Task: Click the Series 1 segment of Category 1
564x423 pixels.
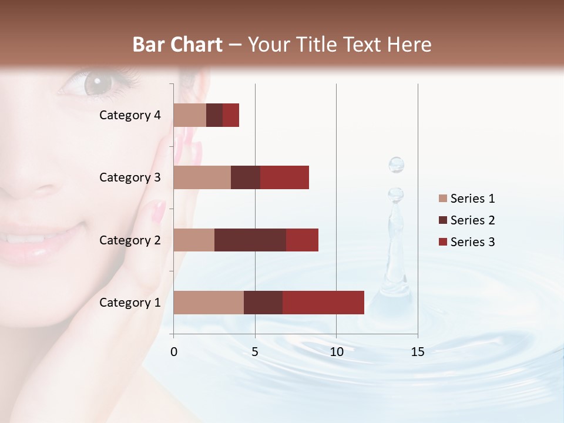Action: click(209, 303)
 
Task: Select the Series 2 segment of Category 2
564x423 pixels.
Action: click(250, 240)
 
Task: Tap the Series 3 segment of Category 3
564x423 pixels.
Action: click(284, 177)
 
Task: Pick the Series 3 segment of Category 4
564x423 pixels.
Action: click(231, 115)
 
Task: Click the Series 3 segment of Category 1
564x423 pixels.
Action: click(323, 303)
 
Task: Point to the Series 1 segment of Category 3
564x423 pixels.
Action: click(202, 177)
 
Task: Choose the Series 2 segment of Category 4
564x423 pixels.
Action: click(214, 115)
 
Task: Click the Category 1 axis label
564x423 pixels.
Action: click(130, 303)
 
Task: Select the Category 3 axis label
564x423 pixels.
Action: click(130, 177)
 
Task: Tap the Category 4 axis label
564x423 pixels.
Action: click(130, 115)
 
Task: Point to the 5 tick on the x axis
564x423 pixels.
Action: click(255, 352)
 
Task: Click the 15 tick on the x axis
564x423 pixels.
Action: click(417, 352)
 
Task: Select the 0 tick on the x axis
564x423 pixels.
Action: click(173, 352)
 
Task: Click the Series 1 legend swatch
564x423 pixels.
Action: click(442, 199)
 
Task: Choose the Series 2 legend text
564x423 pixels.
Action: click(472, 220)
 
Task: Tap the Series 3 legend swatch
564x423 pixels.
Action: click(442, 242)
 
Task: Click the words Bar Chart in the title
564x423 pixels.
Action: click(177, 45)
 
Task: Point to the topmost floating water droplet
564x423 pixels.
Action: click(397, 164)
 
